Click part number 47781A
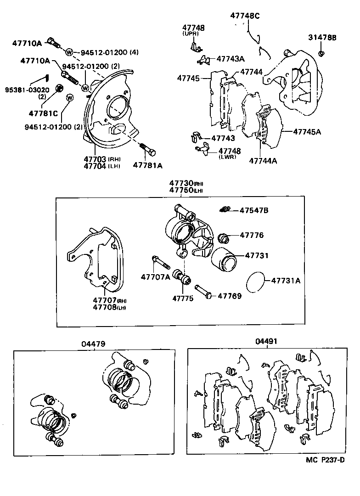(x=148, y=165)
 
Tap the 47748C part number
(x=245, y=16)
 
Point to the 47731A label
(x=285, y=281)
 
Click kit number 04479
(x=94, y=343)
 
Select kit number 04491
(x=266, y=341)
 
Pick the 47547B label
(x=253, y=210)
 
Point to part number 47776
(x=252, y=235)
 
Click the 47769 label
(x=230, y=296)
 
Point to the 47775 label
(x=183, y=298)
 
